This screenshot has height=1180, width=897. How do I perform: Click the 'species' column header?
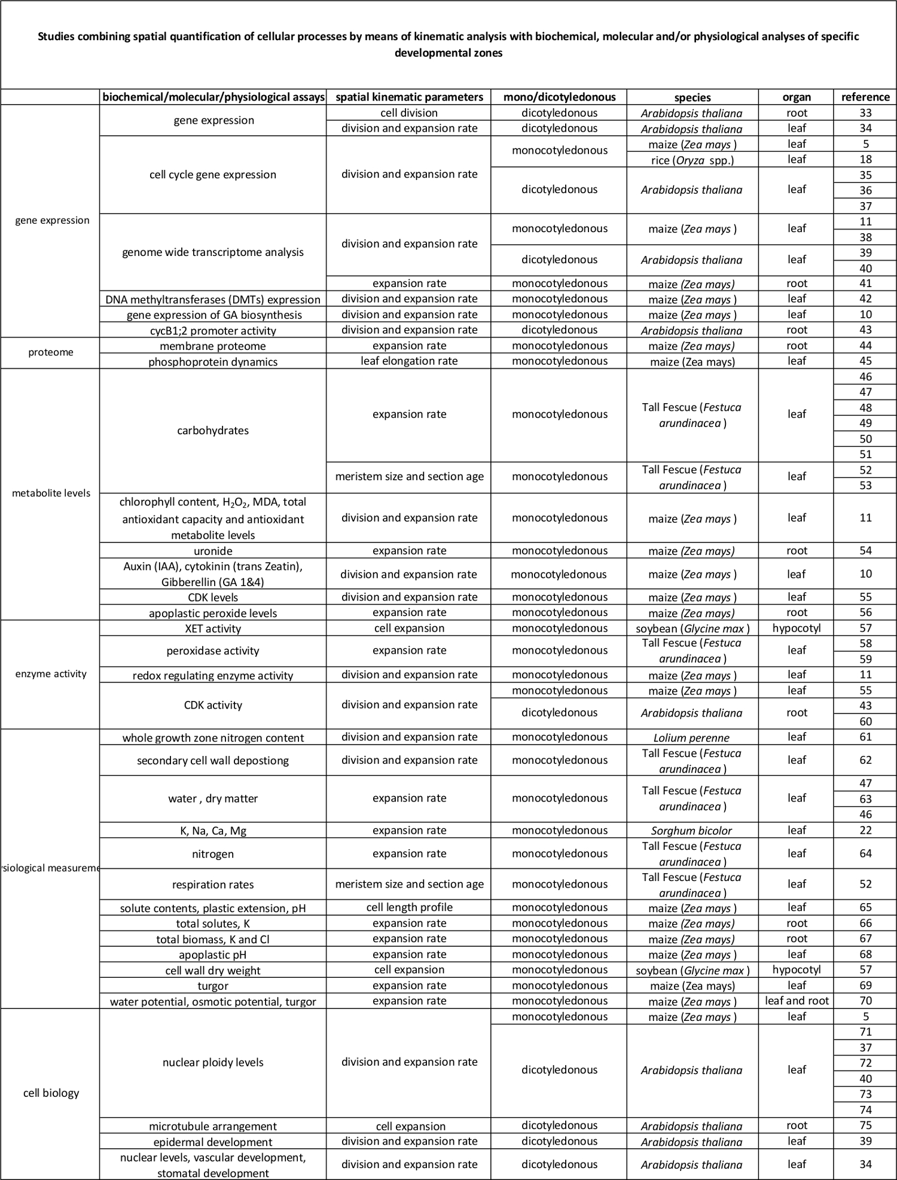click(x=692, y=97)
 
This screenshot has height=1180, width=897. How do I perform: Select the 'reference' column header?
click(x=865, y=97)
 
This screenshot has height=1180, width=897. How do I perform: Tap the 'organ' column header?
click(x=797, y=97)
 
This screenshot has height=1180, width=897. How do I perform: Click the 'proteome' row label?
click(x=51, y=352)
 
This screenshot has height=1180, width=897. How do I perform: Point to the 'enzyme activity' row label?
click(x=51, y=674)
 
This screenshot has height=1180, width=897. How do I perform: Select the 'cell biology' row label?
click(x=51, y=1093)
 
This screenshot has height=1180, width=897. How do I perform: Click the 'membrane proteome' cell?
click(x=213, y=346)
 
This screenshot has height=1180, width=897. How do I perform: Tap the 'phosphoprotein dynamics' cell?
click(x=213, y=361)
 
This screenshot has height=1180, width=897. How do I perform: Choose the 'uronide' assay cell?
click(x=213, y=551)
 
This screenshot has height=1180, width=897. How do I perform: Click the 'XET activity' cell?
click(x=213, y=629)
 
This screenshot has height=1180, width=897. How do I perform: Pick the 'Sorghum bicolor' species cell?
click(x=692, y=830)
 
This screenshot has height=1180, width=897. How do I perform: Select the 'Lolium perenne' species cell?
click(x=692, y=737)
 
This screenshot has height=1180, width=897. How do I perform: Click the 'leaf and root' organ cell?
click(x=797, y=1001)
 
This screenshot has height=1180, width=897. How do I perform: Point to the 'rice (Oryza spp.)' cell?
click(x=692, y=160)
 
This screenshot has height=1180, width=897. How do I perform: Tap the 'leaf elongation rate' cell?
click(x=409, y=361)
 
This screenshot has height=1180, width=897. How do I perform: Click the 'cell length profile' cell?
click(x=409, y=907)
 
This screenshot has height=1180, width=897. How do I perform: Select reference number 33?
click(x=865, y=112)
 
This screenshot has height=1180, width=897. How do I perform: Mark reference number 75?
click(x=865, y=1125)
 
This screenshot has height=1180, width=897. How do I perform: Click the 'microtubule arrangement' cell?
click(x=213, y=1126)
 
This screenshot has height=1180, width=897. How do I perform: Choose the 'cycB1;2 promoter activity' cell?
click(x=213, y=330)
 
